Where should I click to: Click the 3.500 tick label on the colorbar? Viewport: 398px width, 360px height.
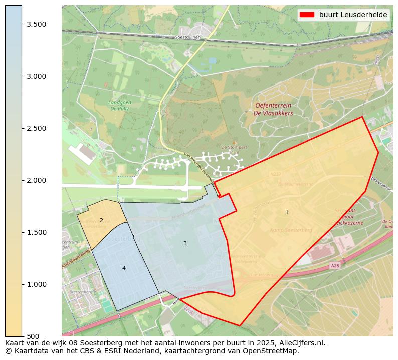pos(37,24)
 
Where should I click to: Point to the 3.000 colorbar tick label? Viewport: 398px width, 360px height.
pos(37,76)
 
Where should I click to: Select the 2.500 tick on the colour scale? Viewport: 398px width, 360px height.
pos(37,128)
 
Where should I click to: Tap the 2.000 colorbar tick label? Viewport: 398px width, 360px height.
pos(37,180)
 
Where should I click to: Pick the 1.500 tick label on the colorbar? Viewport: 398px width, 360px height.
pos(37,232)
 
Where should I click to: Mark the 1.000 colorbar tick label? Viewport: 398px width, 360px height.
pos(37,284)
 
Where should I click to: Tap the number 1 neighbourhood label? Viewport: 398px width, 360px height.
pos(287,212)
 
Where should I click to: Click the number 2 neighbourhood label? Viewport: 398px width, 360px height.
pos(101,220)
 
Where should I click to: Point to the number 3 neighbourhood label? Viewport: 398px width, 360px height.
pos(185,243)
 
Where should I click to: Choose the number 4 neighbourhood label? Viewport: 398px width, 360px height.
pos(124,268)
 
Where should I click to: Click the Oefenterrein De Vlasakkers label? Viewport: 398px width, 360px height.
pos(274,109)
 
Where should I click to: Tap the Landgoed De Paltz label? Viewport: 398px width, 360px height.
pos(120,105)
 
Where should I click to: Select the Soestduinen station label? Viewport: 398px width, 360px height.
pos(188,37)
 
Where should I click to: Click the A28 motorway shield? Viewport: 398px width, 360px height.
pos(334,266)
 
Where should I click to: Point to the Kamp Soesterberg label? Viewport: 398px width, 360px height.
pos(291,230)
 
